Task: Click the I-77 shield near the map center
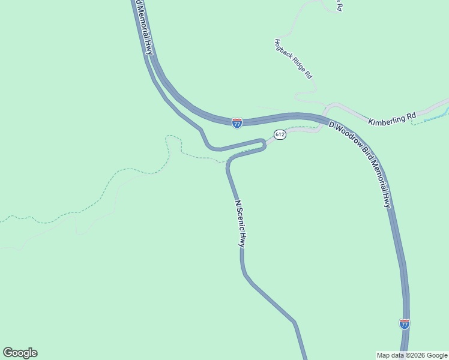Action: pyautogui.click(x=237, y=122)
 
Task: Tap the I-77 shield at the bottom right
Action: pyautogui.click(x=405, y=324)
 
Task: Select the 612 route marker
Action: pyautogui.click(x=280, y=134)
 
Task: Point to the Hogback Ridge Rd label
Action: pyautogui.click(x=294, y=59)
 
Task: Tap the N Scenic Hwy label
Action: pyautogui.click(x=240, y=224)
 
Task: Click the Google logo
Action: pyautogui.click(x=20, y=353)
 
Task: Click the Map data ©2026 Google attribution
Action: pyautogui.click(x=412, y=355)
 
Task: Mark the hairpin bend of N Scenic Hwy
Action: pyautogui.click(x=262, y=145)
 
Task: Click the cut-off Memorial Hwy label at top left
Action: pyautogui.click(x=145, y=27)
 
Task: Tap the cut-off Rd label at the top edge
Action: pyautogui.click(x=339, y=5)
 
